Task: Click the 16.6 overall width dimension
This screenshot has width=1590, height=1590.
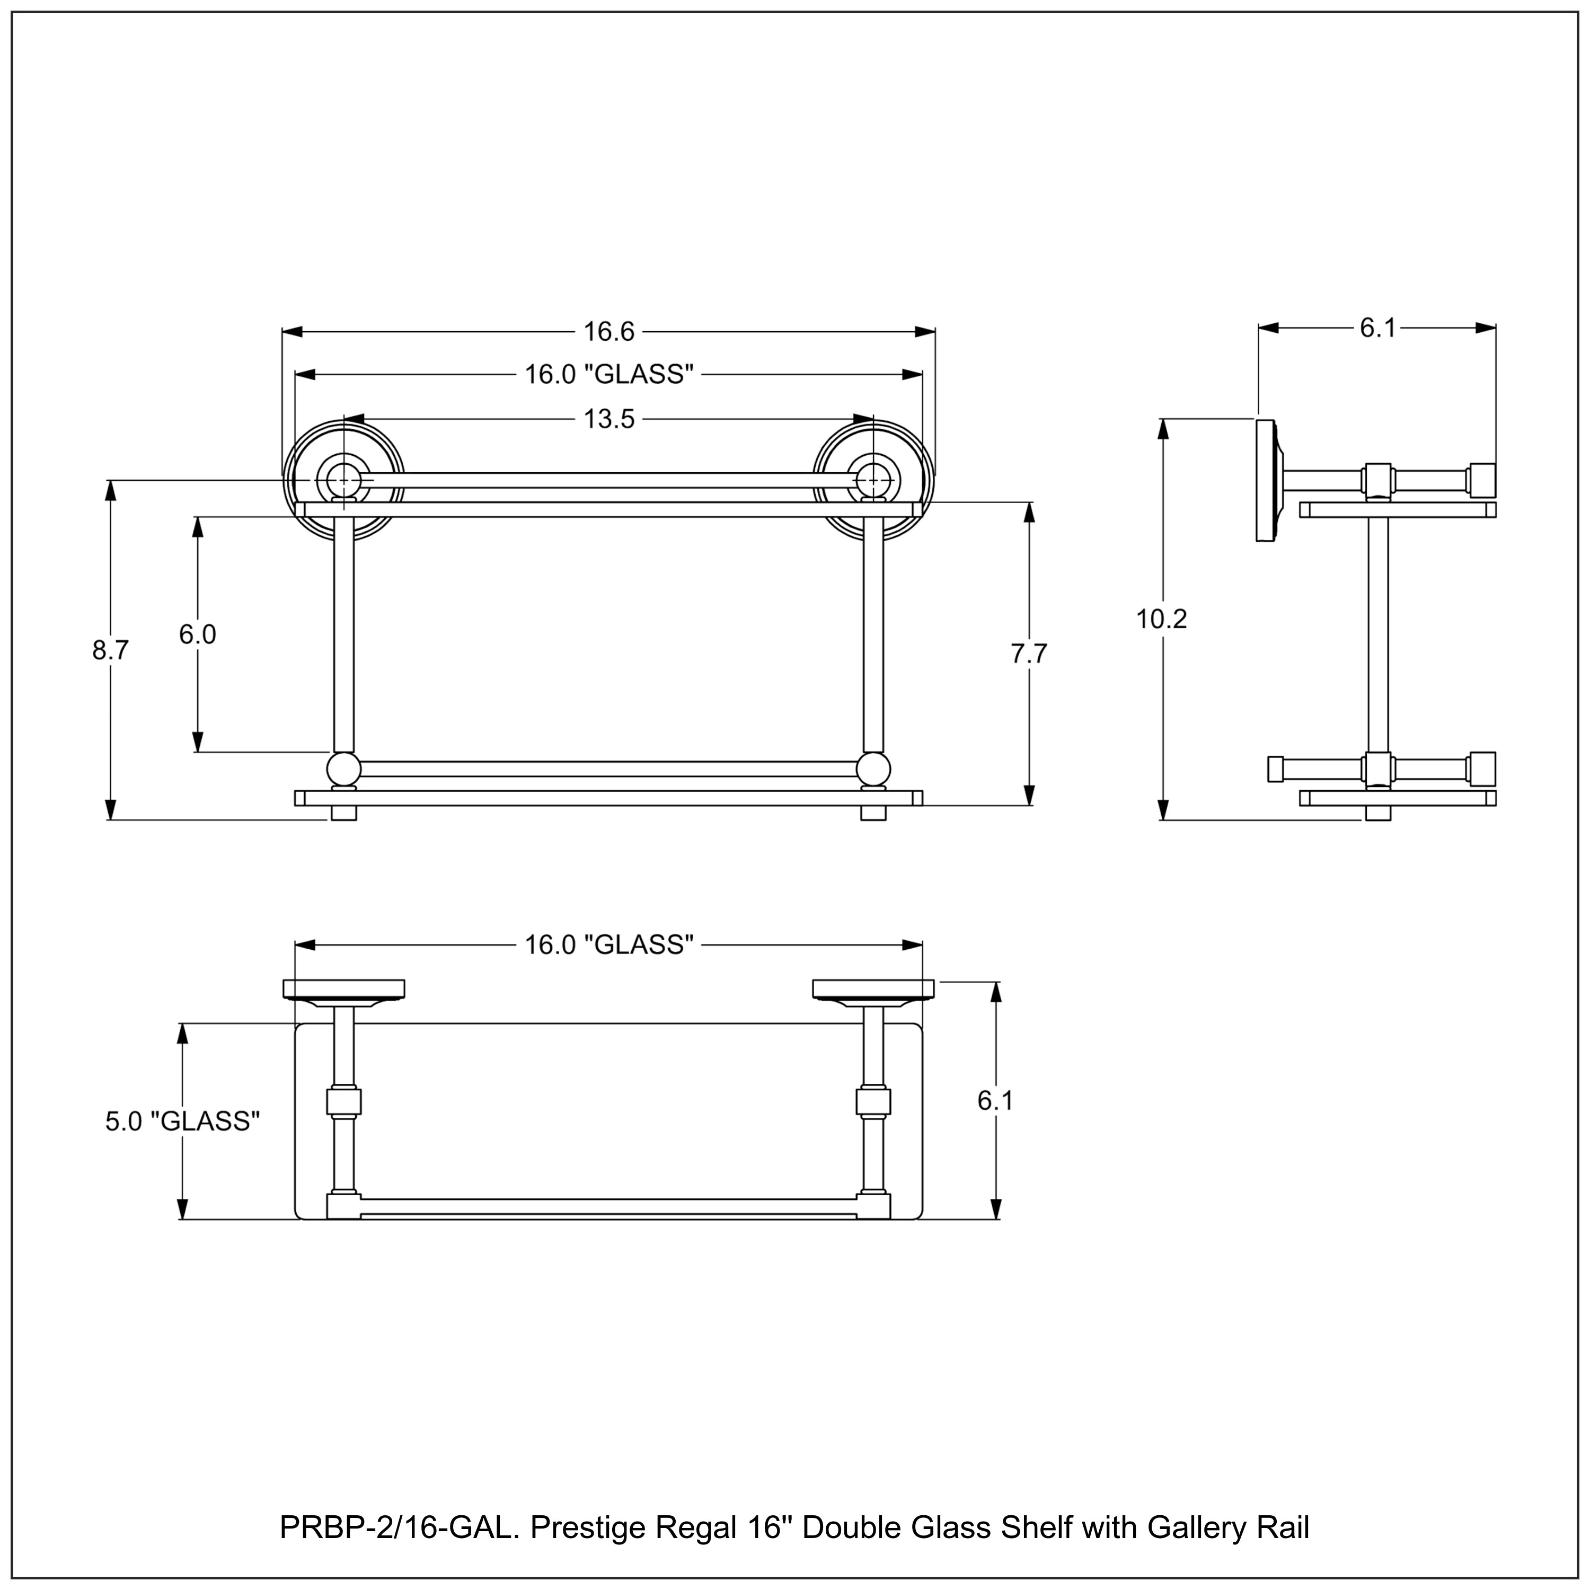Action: [x=609, y=332]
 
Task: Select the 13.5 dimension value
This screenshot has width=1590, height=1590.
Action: [x=609, y=420]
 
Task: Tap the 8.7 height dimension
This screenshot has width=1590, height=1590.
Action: [x=110, y=650]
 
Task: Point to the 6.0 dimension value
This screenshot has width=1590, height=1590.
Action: [x=198, y=634]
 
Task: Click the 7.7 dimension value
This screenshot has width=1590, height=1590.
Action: [x=1029, y=653]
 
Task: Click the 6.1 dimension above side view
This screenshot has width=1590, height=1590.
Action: [x=1377, y=329]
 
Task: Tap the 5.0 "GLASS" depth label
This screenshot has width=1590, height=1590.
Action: [x=183, y=1121]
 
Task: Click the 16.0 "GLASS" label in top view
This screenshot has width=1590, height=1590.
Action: [x=609, y=945]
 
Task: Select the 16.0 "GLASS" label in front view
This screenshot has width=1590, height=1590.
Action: [x=609, y=375]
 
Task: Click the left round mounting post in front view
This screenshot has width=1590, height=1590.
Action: [x=344, y=478]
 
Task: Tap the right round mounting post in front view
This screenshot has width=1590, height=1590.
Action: [x=873, y=478]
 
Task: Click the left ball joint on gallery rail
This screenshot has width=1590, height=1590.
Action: [x=343, y=770]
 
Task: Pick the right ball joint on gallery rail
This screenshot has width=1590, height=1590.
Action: [x=873, y=770]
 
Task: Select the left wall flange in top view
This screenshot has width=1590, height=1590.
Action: [x=344, y=989]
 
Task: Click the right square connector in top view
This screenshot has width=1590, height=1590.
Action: [x=873, y=1101]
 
